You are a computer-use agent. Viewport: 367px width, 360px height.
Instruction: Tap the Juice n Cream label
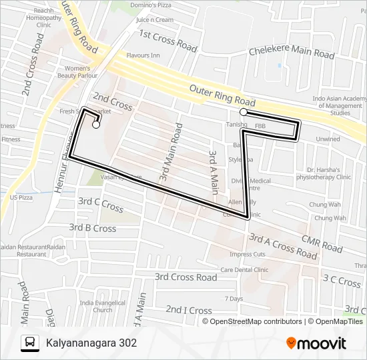pos(154,19)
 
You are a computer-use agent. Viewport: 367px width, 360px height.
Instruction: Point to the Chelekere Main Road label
pos(291,52)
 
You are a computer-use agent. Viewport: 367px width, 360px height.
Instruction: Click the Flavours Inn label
pos(143,55)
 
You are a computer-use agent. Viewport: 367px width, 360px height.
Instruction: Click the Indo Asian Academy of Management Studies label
pos(339,106)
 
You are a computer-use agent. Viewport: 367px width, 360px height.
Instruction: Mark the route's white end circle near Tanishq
pos(244,113)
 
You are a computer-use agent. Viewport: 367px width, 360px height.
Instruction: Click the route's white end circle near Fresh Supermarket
pos(96,125)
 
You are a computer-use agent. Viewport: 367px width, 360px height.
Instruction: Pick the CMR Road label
pos(322,244)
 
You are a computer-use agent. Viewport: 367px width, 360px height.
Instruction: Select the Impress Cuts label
pos(248,254)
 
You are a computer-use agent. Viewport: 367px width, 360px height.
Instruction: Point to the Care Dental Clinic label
pos(244,270)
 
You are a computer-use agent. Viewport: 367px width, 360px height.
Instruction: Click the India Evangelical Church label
pos(96,306)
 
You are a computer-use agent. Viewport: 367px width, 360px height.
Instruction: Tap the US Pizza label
pos(21,197)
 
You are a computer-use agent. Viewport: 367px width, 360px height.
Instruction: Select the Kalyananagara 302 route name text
pos(91,343)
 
